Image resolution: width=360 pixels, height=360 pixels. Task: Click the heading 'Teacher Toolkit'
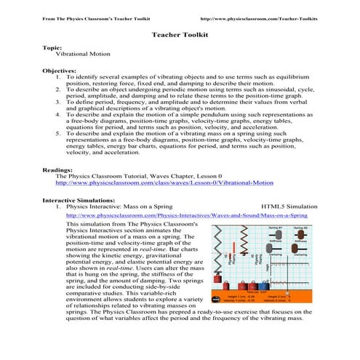180,34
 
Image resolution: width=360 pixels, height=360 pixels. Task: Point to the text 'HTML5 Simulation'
284,207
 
